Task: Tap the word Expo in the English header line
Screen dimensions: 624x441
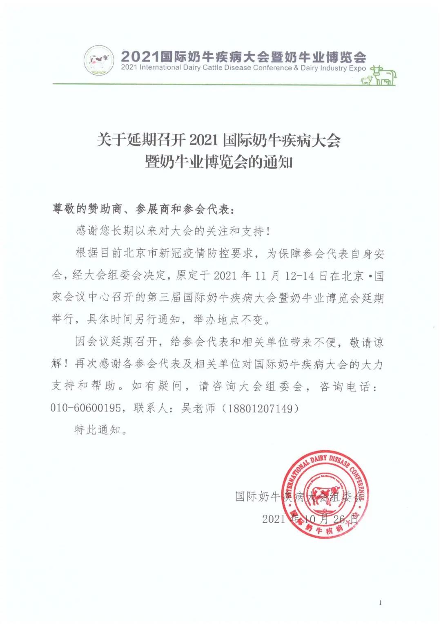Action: [x=357, y=68]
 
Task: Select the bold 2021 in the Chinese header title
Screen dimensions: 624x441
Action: [x=139, y=56]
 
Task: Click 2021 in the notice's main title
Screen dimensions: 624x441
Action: [x=204, y=141]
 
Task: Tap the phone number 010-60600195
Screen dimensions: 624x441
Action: [x=86, y=407]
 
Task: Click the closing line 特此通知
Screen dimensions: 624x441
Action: [x=98, y=429]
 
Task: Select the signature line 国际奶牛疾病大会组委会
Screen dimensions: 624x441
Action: [x=299, y=497]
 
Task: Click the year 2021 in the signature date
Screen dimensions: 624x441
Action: [x=274, y=519]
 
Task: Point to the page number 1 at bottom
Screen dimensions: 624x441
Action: [x=380, y=602]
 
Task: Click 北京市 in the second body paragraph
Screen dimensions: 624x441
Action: [x=146, y=254]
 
